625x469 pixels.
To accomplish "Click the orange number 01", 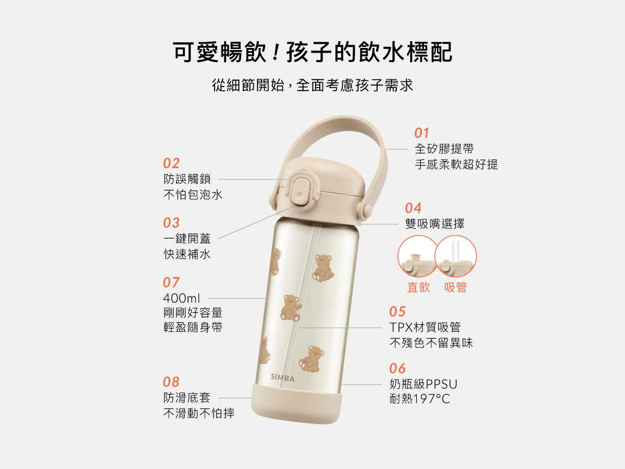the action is pos(422,133).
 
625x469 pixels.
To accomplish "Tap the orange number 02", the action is pos(171,163).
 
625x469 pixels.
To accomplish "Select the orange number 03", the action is pos(171,223).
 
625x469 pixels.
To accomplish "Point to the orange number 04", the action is pos(413,208).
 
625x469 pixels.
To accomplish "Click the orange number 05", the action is pos(397,312).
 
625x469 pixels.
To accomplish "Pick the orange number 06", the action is pos(397,368).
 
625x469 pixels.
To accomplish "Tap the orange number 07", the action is pos(171,282).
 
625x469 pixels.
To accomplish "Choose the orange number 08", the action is pos(171,382).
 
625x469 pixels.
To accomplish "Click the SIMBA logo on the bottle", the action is pos(282,378).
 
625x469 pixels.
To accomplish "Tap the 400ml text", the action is pos(181,298).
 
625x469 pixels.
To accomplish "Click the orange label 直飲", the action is pos(419,287).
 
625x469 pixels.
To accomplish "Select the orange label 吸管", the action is pos(456,287).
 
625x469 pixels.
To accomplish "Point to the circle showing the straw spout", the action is pos(456,256).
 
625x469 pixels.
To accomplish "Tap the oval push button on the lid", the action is pos(300,190).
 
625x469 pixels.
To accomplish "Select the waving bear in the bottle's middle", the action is pos(291,308).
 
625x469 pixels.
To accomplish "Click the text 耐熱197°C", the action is pos(420,399).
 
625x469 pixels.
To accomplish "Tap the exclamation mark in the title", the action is pos(276,52).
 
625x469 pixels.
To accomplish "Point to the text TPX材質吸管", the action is pos(425,327).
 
